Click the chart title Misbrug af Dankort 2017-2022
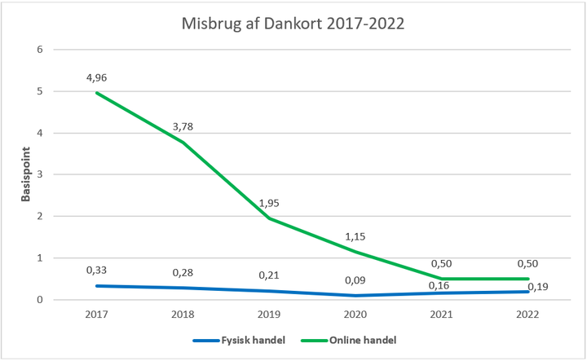pyautogui.click(x=293, y=23)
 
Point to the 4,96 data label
pyautogui.click(x=97, y=79)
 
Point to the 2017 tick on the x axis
pyautogui.click(x=97, y=313)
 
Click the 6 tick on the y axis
pyautogui.click(x=38, y=50)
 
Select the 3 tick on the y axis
pyautogui.click(x=38, y=174)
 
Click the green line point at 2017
pyautogui.click(x=97, y=93)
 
